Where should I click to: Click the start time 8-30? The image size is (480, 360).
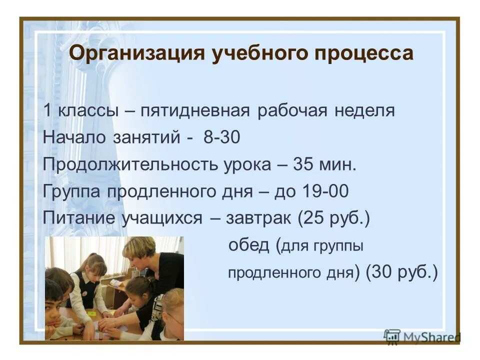point(221,137)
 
